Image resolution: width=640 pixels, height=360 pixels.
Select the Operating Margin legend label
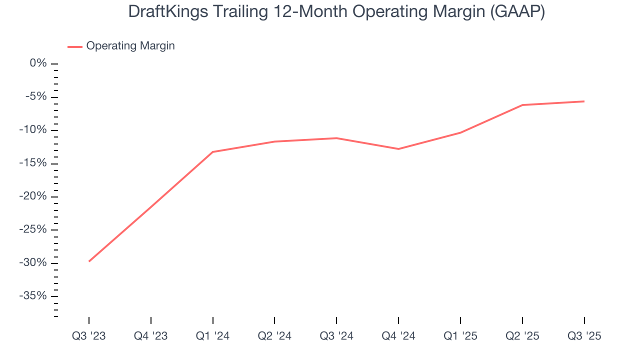coord(130,46)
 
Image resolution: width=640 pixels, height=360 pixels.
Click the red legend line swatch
coord(75,46)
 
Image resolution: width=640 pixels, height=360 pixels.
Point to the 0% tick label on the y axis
coord(38,63)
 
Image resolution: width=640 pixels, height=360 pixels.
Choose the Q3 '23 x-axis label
coord(89,336)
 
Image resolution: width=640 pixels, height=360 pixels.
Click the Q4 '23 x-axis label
coord(150,336)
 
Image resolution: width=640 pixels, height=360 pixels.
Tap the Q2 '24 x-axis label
coord(274,336)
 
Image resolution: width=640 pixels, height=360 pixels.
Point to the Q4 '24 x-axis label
coord(398,336)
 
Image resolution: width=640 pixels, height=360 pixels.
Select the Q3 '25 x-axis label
coord(584,336)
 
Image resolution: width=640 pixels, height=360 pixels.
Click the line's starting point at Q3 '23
coord(89,261)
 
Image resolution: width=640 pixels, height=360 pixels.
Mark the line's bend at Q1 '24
coord(213,152)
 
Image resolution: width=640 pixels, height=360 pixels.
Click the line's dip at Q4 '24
coord(398,149)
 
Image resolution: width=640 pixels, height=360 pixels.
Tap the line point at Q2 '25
coord(522,105)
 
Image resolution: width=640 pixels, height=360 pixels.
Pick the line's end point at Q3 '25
coord(584,101)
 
